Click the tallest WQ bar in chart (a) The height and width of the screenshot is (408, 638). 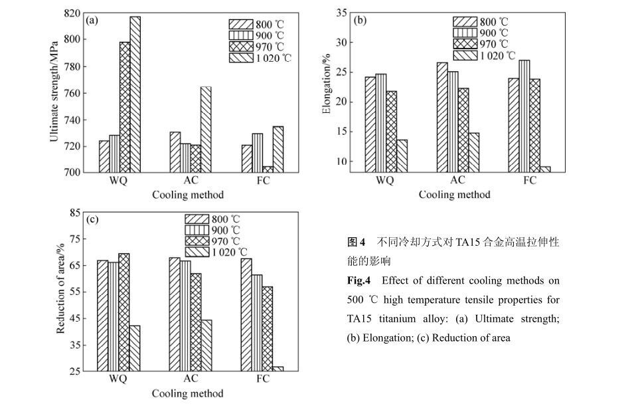point(135,94)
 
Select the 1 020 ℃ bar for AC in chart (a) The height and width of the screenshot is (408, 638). point(206,130)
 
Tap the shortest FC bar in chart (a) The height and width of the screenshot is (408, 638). point(268,169)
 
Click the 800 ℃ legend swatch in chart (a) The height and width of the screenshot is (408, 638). point(241,25)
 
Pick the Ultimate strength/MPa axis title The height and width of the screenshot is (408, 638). point(54,92)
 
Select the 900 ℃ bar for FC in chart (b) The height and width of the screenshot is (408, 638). point(524,116)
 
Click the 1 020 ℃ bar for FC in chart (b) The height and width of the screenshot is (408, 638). point(545,169)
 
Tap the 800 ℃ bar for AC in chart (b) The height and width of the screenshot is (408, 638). point(442,118)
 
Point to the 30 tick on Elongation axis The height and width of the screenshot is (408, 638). point(342,43)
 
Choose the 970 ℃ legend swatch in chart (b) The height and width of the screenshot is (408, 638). point(465,44)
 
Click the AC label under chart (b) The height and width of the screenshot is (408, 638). point(457,180)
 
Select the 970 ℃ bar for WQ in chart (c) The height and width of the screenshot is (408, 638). point(124,312)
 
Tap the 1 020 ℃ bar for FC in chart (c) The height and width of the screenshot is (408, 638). point(278,369)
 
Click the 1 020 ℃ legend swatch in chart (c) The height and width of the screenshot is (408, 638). point(197,253)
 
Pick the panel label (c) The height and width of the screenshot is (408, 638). point(92,220)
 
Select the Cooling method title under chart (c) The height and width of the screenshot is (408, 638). point(188,394)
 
